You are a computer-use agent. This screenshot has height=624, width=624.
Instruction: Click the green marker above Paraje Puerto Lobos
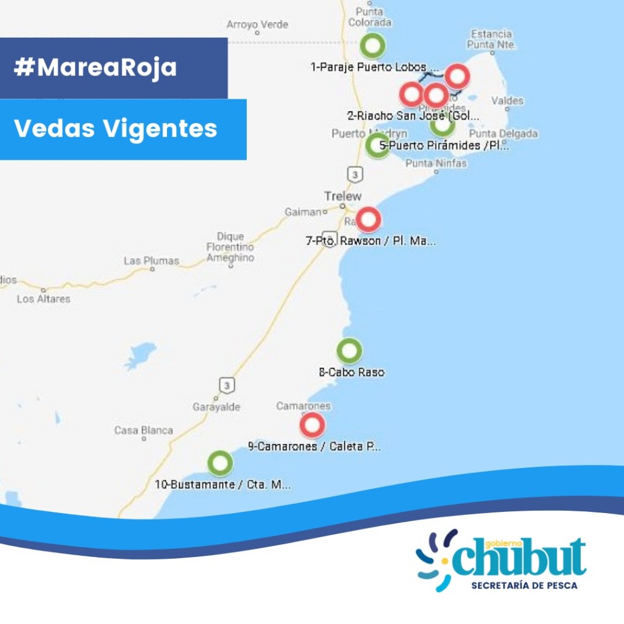pyautogui.click(x=372, y=45)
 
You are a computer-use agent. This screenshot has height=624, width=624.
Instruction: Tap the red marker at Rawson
pyautogui.click(x=369, y=219)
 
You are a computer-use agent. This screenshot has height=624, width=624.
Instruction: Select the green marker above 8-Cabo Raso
pyautogui.click(x=349, y=350)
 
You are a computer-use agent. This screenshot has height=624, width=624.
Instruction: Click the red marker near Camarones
pyautogui.click(x=312, y=425)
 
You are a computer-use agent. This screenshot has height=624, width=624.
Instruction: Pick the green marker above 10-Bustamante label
pyautogui.click(x=220, y=463)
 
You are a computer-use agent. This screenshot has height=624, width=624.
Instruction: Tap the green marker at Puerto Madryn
pyautogui.click(x=377, y=145)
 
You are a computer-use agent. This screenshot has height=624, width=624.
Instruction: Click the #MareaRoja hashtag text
pyautogui.click(x=95, y=68)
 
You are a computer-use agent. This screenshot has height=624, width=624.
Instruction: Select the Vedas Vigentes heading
pyautogui.click(x=115, y=129)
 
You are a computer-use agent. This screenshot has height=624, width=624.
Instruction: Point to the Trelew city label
pyautogui.click(x=342, y=196)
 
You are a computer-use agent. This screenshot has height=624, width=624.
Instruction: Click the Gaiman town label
pyautogui.click(x=302, y=212)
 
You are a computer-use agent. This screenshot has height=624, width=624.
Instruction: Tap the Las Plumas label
pyautogui.click(x=151, y=261)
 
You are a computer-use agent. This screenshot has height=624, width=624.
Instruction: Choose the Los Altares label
pyautogui.click(x=43, y=299)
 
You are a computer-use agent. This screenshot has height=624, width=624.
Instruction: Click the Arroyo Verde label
pyautogui.click(x=257, y=25)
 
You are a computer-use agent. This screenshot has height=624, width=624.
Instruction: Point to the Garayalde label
pyautogui.click(x=216, y=407)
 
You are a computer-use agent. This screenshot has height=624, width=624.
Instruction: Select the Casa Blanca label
pyautogui.click(x=144, y=431)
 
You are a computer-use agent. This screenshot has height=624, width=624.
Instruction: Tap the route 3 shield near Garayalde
pyautogui.click(x=227, y=385)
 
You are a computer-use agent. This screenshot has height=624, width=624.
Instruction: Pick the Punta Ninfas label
pyautogui.click(x=436, y=163)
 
